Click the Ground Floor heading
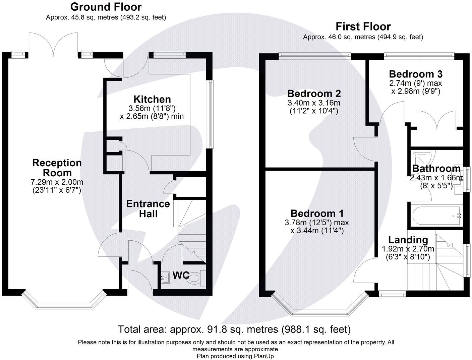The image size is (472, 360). point(106,7)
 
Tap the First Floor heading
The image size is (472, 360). point(363,26)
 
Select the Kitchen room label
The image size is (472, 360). point(152,99)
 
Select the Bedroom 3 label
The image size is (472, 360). point(416,74)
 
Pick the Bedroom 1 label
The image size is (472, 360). point(317,214)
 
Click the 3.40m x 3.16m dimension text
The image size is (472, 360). point(314,103)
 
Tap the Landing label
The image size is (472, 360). point(408,240)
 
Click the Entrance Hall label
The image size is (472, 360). point(148,208)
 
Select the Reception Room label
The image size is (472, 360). point(57,168)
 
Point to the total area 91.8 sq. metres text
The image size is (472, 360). point(234,329)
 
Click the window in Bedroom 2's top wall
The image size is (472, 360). point(314,55)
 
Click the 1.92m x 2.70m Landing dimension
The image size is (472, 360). point(408,249)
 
